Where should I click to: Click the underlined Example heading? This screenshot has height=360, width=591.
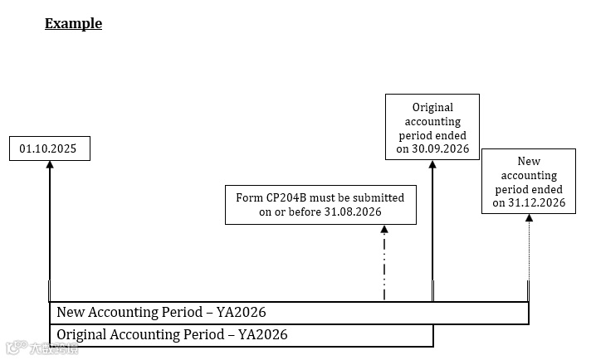pyautogui.click(x=73, y=23)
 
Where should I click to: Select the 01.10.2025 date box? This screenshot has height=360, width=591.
pyautogui.click(x=50, y=149)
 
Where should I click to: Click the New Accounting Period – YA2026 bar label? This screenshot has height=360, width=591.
pyautogui.click(x=160, y=313)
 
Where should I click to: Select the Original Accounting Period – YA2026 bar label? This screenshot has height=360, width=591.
pyautogui.click(x=171, y=335)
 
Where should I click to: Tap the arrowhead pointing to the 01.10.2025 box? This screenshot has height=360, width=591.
pyautogui.click(x=50, y=165)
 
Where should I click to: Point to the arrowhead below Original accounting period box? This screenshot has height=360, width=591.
pyautogui.click(x=432, y=164)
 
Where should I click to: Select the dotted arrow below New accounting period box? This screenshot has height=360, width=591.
pyautogui.click(x=528, y=257)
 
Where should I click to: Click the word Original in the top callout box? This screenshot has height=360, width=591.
pyautogui.click(x=432, y=107)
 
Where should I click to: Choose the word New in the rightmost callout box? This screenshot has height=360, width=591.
pyautogui.click(x=529, y=162)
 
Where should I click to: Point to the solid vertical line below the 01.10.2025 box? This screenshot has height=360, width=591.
pyautogui.click(x=50, y=232)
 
